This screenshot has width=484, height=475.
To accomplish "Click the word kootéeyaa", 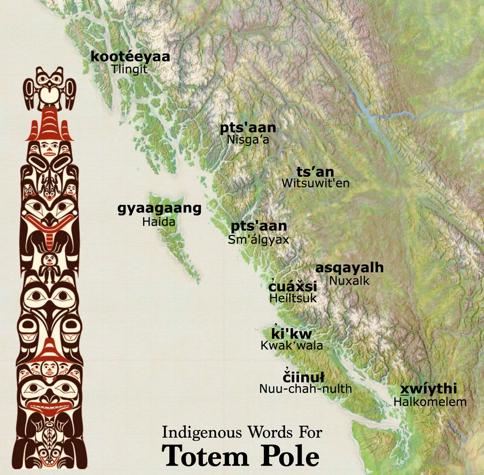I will (x=130, y=57).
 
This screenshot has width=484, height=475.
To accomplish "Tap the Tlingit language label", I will (x=129, y=69).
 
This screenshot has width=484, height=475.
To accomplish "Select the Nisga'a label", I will (x=248, y=140).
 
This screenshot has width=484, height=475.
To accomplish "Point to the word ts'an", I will (x=315, y=172).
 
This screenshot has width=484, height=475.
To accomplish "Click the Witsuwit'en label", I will (x=315, y=183).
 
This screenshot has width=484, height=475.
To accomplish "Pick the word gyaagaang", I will (x=159, y=209).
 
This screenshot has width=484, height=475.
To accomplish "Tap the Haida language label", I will (x=159, y=222).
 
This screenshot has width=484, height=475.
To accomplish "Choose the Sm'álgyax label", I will (x=259, y=239).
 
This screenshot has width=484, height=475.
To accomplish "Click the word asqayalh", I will (x=349, y=268).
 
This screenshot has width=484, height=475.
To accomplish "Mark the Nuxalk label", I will (x=349, y=280).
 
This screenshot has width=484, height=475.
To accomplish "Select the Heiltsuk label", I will (x=293, y=298).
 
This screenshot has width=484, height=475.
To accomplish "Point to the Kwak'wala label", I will (x=292, y=346).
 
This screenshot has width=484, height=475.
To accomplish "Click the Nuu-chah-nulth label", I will (x=305, y=389).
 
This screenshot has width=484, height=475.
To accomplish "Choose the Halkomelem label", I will (x=430, y=402).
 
